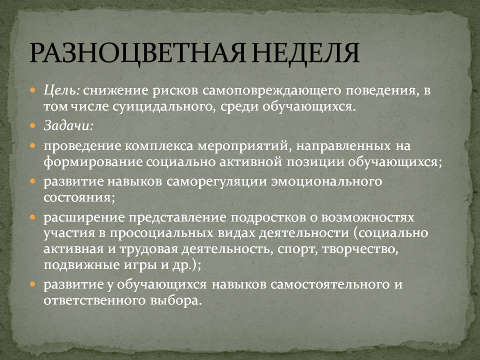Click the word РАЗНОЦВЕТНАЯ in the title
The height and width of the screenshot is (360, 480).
click(x=137, y=52)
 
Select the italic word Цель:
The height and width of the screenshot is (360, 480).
click(x=62, y=90)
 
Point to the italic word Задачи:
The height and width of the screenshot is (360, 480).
click(x=68, y=126)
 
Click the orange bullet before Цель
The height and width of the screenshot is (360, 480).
click(x=33, y=90)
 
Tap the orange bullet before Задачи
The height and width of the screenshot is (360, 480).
click(x=33, y=126)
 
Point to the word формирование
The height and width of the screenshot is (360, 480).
click(x=93, y=162)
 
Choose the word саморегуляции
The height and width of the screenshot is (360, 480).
click(x=216, y=182)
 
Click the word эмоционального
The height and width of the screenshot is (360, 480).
click(x=326, y=182)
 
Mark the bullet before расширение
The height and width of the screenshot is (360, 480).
click(x=33, y=217)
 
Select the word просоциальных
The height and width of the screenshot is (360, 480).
click(x=161, y=234)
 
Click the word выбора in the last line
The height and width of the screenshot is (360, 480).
click(x=176, y=300)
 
